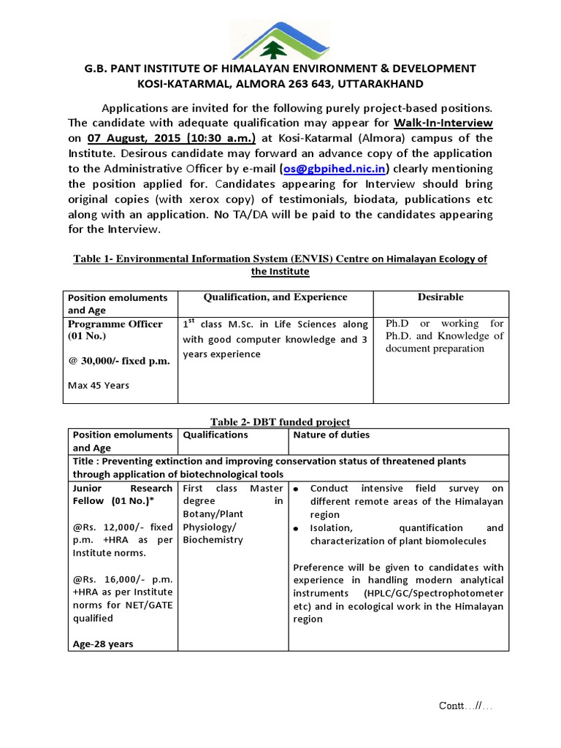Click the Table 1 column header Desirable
pyautogui.click(x=440, y=297)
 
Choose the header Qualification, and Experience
pyautogui.click(x=275, y=297)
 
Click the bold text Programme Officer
pyautogui.click(x=115, y=324)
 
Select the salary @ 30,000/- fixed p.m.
pyautogui.click(x=119, y=360)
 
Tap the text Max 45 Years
pyautogui.click(x=99, y=385)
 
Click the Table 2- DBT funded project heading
pyautogui.click(x=280, y=421)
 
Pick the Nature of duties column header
pyautogui.click(x=331, y=435)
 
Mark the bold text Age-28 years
pyautogui.click(x=102, y=644)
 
